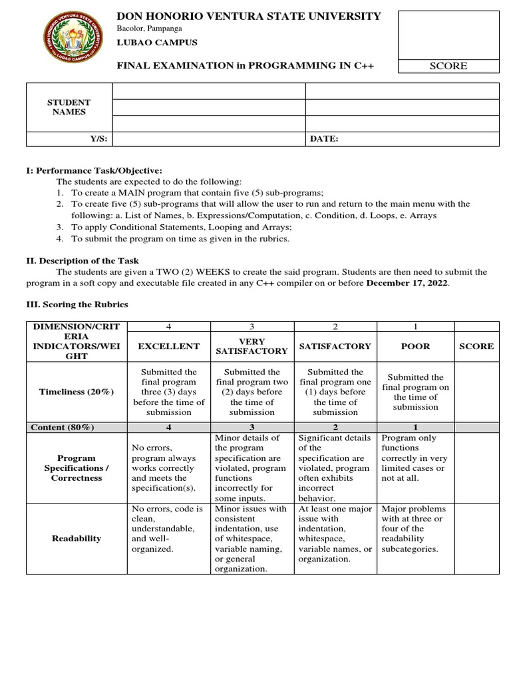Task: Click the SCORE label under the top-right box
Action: pos(448,66)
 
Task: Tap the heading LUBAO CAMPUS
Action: pos(157,43)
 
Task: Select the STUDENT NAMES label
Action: pos(69,107)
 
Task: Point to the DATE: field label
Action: pos(324,139)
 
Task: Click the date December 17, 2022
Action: pos(408,283)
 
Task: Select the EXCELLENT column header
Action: pos(168,346)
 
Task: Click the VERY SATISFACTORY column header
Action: pos(252,346)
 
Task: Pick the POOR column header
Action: pos(417,346)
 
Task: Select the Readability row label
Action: pos(77,538)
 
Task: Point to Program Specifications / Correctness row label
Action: pos(77,468)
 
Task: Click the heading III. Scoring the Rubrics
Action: pos(77,305)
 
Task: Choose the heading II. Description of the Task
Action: pos(83,261)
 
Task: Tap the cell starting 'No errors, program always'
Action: pos(168,468)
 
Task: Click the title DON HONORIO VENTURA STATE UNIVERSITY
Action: pos(249,16)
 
